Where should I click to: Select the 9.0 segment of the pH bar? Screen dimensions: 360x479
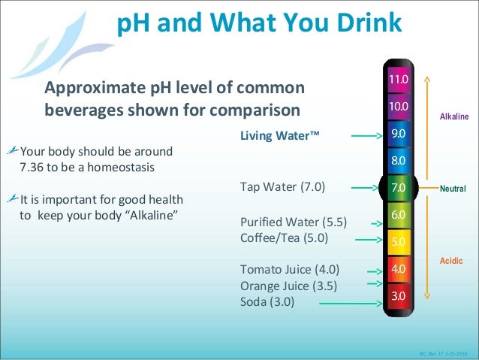pos(398,133)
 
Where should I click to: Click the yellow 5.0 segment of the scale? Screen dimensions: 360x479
pos(398,242)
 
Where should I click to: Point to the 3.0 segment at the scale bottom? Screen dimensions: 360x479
pos(398,296)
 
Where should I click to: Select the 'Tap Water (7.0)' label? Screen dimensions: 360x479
pos(283,187)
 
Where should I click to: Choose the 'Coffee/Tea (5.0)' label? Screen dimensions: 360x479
pos(285,240)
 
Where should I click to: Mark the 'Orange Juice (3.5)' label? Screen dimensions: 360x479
pos(288,286)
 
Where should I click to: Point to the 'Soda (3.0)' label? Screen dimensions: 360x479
pos(267,302)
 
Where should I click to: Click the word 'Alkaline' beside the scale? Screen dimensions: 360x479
pos(454,117)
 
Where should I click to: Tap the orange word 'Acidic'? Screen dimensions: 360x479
pos(452,260)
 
